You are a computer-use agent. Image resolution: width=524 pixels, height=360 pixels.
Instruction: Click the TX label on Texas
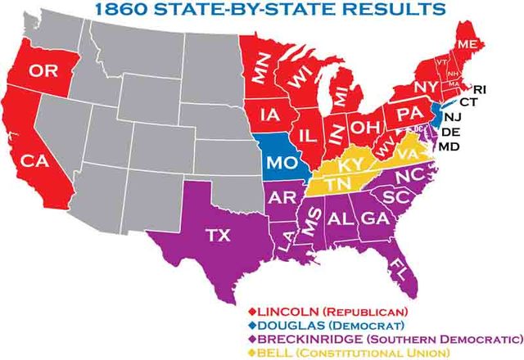217,236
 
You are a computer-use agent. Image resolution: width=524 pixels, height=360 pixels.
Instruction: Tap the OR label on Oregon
43,72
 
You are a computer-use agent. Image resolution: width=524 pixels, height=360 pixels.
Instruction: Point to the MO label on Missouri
281,160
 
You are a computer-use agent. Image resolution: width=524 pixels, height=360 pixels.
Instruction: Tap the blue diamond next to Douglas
252,324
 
